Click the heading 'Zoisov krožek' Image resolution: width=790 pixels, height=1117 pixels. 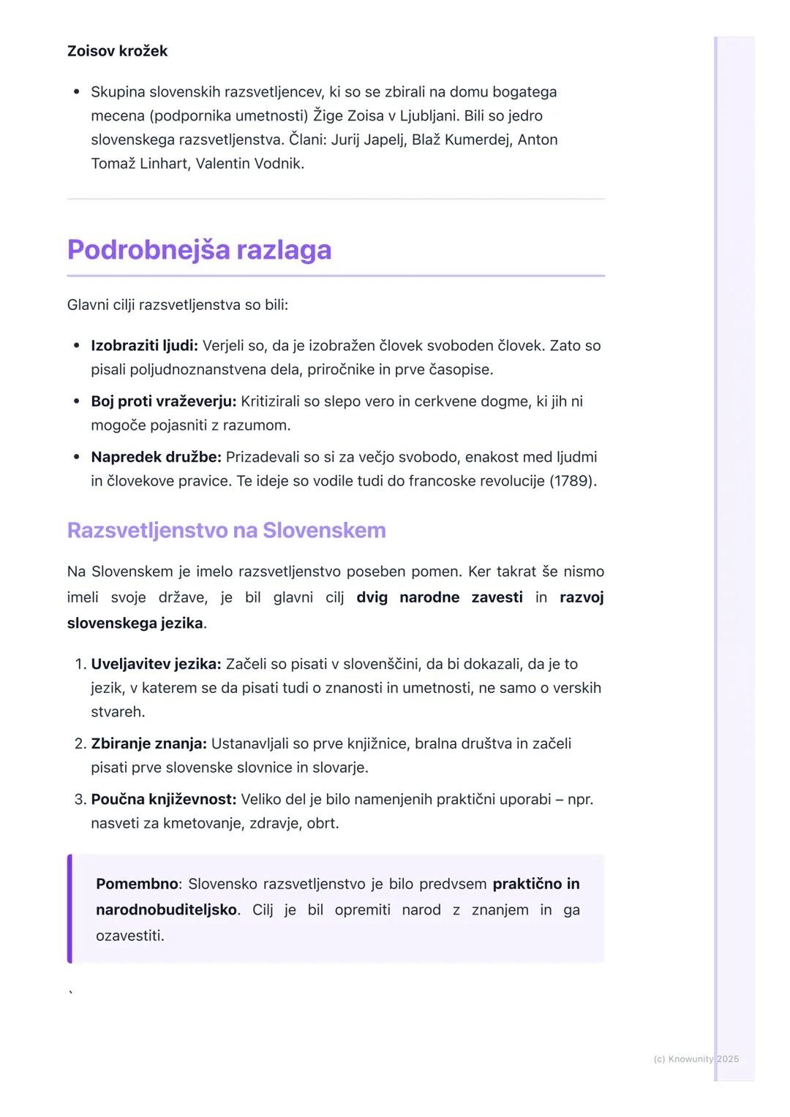pyautogui.click(x=117, y=51)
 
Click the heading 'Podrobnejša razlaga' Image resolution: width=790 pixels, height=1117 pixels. pyautogui.click(x=199, y=250)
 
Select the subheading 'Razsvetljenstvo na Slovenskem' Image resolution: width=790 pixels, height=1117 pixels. pyautogui.click(x=226, y=530)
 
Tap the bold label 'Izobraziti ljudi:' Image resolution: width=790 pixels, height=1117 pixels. pyautogui.click(x=144, y=346)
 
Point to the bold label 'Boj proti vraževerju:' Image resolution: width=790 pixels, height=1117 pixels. pyautogui.click(x=163, y=401)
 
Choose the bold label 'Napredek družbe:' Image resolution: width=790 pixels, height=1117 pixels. pyautogui.click(x=156, y=458)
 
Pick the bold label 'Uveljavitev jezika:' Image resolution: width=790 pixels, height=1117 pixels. pyautogui.click(x=156, y=664)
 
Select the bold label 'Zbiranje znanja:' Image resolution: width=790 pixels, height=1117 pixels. pyautogui.click(x=148, y=744)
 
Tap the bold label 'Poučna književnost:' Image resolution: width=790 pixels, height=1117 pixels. pyautogui.click(x=163, y=800)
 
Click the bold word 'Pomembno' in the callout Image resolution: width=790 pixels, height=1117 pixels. pyautogui.click(x=137, y=884)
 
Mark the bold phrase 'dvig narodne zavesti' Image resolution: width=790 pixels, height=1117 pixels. pyautogui.click(x=439, y=597)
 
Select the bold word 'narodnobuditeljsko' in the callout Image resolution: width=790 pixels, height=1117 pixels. pyautogui.click(x=166, y=910)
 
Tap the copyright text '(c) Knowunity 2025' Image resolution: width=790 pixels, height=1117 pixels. pyautogui.click(x=696, y=1059)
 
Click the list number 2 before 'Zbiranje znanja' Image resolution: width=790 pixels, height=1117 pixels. pyautogui.click(x=80, y=744)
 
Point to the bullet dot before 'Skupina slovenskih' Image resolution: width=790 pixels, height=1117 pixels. pyautogui.click(x=76, y=93)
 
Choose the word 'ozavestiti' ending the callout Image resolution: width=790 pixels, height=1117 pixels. pyautogui.click(x=129, y=936)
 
